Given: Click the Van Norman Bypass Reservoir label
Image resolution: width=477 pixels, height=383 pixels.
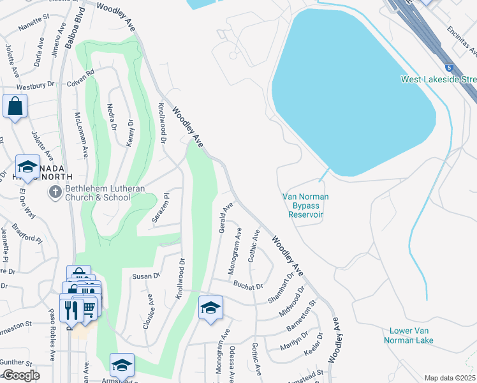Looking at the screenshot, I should coord(306,206).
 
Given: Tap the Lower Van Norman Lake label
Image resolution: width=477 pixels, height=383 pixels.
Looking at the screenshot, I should coord(409,335).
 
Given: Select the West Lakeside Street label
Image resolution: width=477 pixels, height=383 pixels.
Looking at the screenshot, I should coord(439,79).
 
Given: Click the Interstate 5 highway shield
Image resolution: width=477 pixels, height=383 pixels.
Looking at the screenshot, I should coord(450,66).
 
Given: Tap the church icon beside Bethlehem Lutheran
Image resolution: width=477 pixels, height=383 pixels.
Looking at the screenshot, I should coord(55,191).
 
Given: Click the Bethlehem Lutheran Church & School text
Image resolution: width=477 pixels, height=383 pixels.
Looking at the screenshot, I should coord(98,193).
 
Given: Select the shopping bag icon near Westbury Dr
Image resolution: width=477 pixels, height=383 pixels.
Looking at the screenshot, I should coord(15,107).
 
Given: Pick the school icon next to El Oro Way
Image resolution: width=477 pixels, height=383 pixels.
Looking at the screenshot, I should coord(27,167).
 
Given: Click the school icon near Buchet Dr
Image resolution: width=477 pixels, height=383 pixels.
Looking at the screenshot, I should coord(210,308).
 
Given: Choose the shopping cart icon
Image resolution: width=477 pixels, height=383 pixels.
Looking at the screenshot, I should coord(88,308).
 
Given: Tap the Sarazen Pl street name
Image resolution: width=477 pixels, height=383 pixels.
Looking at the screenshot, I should coord(160,209).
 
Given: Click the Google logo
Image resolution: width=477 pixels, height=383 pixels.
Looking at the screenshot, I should coord(21,375).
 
